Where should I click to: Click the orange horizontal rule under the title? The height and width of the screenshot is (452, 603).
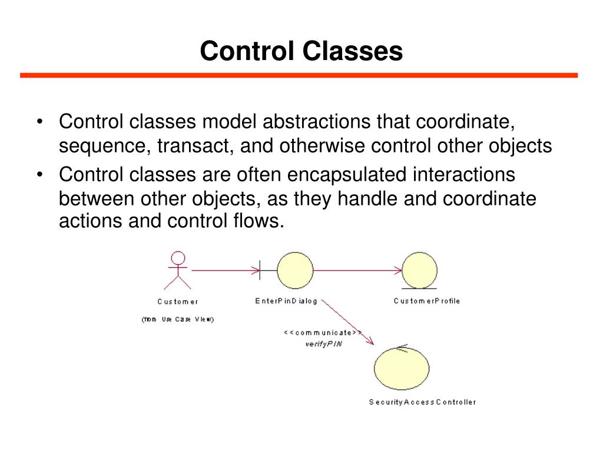click(x=299, y=75)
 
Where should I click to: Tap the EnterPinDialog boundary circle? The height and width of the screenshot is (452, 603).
click(x=294, y=270)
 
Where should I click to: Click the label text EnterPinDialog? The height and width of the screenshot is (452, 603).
click(x=286, y=301)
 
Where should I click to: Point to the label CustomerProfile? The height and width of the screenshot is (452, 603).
click(x=426, y=301)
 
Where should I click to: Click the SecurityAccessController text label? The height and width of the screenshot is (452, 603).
click(x=422, y=402)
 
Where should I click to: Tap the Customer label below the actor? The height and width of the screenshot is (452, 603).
click(x=178, y=301)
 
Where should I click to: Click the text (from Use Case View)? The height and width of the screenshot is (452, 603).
click(x=177, y=320)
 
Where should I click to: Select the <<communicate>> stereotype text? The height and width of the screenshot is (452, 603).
click(x=323, y=333)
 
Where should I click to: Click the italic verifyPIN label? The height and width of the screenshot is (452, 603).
click(x=323, y=344)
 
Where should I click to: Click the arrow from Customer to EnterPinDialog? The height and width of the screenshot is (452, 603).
click(x=224, y=271)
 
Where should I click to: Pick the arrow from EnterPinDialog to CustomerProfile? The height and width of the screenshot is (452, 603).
click(x=356, y=271)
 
